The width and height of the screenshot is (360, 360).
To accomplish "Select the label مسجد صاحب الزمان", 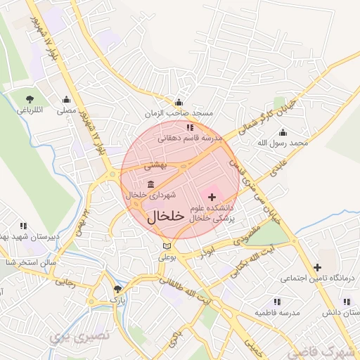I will pos(179,113).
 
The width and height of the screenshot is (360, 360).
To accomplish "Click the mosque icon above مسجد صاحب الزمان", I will pos(179,102).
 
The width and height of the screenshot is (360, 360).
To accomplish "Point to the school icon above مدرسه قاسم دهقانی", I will pos(190,127).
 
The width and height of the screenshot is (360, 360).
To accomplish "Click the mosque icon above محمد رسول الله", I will pos(283,131).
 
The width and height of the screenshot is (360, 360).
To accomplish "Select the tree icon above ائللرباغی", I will pos(30,99).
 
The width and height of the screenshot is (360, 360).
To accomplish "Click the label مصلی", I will pos(66,110).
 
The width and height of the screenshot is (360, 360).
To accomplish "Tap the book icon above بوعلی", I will pos(166,246).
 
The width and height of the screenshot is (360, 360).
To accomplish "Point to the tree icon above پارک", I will pos(118,288).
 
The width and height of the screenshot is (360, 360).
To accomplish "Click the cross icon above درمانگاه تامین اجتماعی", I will pos(317,267).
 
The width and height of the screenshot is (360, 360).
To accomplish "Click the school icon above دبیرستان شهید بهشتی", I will pos(23,226).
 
